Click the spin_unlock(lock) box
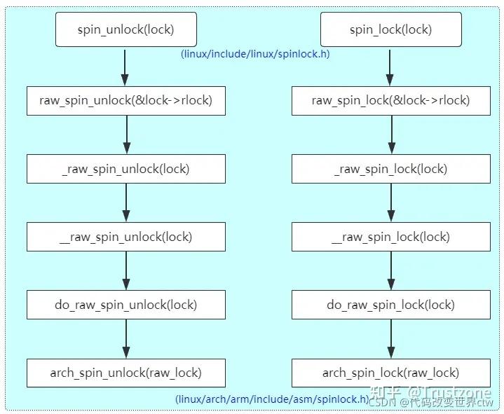(125, 29)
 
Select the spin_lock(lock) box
(390, 29)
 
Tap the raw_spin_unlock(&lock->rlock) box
(126, 101)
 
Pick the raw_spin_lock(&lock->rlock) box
(390, 101)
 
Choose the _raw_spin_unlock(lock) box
(126, 169)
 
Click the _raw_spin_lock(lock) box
(390, 169)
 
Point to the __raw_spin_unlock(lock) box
(126, 237)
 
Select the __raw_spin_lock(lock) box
(390, 237)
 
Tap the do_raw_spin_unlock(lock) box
(126, 305)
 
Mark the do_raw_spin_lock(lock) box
(390, 305)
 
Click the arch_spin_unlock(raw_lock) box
(126, 373)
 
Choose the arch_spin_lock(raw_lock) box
(390, 373)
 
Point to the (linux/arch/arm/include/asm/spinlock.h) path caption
(272, 399)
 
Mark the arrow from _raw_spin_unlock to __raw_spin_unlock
(126, 202)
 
